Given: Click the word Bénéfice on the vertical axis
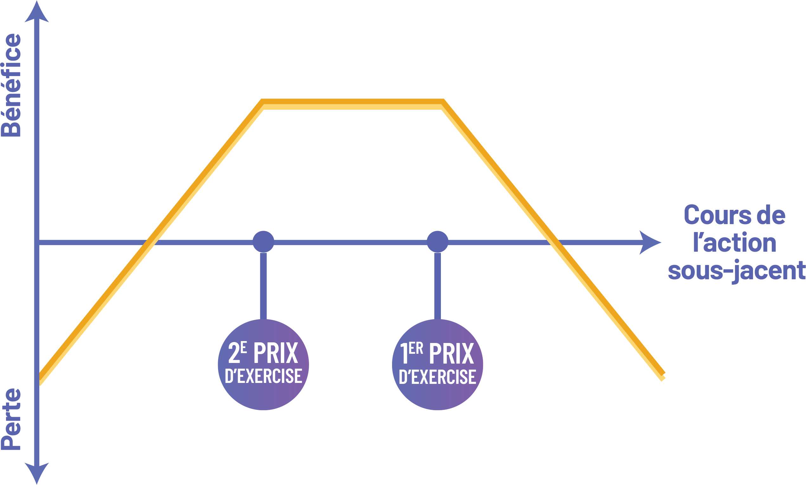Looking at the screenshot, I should coord(11,85).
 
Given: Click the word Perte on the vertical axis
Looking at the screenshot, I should coord(11,419).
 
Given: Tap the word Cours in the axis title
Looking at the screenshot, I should coord(706,215).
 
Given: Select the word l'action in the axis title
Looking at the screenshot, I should coord(734,243).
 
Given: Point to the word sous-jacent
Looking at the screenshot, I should coord(736,271).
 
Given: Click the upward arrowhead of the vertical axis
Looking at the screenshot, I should coord(37,13).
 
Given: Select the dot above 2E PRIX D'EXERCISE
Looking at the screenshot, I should coord(263,242).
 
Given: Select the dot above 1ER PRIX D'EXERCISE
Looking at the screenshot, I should coord(437,242).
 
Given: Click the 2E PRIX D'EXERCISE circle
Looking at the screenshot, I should coord(263,365).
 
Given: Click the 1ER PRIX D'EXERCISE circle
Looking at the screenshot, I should coord(437,365).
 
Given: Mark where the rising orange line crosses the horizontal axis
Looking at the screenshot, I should coord(150,242).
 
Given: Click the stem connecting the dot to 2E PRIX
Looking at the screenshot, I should coord(263,286).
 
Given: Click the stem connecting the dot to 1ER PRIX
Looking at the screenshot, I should coord(437,286).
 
